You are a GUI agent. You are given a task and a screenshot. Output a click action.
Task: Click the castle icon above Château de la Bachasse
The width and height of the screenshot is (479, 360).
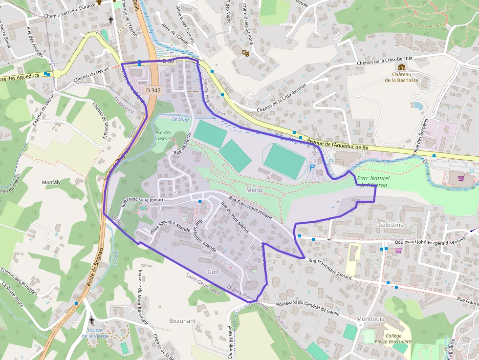coord(402,67)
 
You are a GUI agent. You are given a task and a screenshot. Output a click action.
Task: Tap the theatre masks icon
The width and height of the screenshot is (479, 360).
coord(246,52)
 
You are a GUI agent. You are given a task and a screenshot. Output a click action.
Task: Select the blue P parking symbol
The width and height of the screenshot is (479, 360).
coord(312,167)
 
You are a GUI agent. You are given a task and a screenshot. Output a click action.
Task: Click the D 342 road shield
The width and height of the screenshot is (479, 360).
coord(153,90)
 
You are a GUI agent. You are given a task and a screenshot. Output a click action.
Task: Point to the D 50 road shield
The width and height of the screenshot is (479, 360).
coord(168,61)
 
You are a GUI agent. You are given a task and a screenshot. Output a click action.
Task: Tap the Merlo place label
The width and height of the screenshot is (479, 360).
coord(254,190)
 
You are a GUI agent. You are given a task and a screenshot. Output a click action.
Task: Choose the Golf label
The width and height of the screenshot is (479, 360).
coord(213,272)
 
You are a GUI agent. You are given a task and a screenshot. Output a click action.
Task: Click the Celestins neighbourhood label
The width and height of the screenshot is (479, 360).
coord(391,225)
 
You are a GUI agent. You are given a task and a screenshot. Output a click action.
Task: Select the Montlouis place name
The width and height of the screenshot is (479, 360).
coord(370,319)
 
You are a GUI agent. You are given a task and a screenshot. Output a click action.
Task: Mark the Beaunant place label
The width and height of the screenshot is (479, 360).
coord(182,321)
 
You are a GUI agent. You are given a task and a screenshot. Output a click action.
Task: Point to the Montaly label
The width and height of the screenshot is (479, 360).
coord(51,182)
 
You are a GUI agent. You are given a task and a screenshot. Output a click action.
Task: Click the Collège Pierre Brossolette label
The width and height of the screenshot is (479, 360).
coord(393,339)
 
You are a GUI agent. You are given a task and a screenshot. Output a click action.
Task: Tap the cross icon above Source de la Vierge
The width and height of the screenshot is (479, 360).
coord(92,320)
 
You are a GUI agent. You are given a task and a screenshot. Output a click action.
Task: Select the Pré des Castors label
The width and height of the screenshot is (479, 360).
coord(163,135)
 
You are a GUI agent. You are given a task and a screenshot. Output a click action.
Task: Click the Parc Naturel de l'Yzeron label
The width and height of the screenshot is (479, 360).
coord(372,182)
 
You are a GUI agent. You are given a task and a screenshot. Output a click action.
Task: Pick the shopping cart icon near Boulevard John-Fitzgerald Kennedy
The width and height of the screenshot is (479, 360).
coord(398,251)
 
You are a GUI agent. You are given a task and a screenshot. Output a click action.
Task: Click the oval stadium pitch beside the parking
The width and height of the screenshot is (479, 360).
coord(285,161)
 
